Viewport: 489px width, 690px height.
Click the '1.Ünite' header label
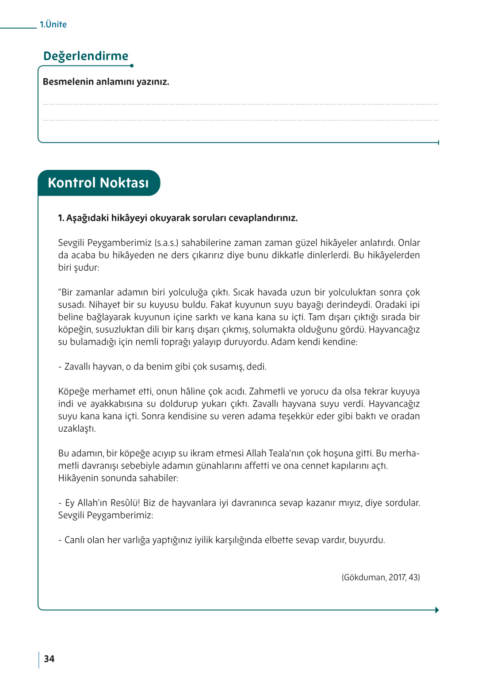tap(53, 25)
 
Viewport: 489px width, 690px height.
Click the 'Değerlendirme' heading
tap(86, 56)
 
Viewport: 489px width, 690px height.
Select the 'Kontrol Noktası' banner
tap(99, 183)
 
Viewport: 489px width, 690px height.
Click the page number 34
tap(49, 659)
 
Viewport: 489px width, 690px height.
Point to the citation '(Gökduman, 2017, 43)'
tap(380, 577)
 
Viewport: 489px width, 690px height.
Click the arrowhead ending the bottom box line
tap(437, 610)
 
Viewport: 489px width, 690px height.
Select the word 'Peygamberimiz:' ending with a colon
tap(120, 515)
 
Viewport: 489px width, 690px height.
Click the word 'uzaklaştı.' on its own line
tap(77, 429)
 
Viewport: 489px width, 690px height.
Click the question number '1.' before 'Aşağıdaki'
tap(61, 218)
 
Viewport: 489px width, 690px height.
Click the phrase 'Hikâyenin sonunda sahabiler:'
tap(118, 478)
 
